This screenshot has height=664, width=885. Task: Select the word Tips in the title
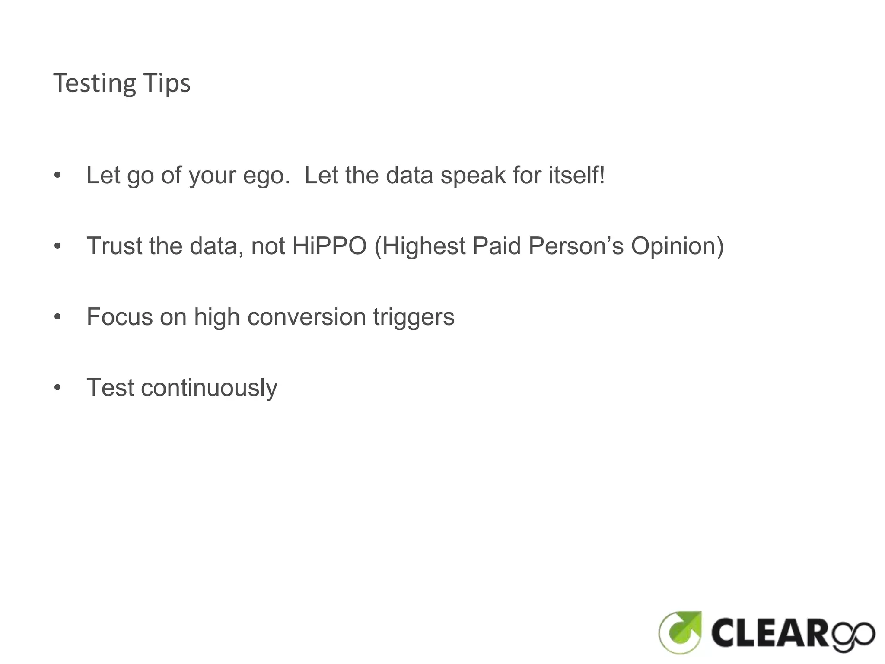[x=167, y=83]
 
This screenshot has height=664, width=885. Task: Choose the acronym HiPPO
[x=329, y=246]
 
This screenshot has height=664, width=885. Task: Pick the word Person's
[x=576, y=246]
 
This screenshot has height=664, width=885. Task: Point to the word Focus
[x=120, y=317]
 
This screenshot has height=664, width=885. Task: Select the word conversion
[x=306, y=317]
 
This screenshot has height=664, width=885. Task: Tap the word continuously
[x=209, y=388]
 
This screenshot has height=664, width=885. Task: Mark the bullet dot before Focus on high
[x=57, y=317]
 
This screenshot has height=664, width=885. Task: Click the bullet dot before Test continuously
[x=57, y=388]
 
